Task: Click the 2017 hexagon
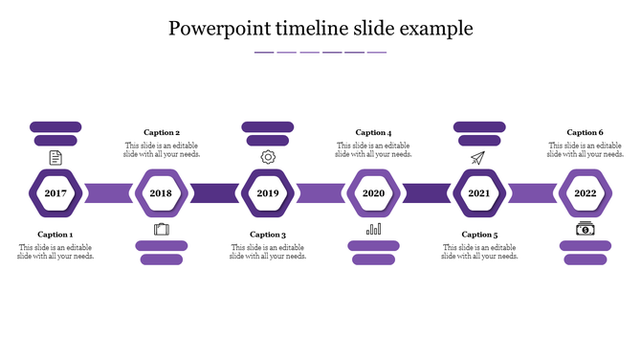pos(55,192)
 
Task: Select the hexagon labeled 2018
pos(161,192)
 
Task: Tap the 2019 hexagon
pos(267,192)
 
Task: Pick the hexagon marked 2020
pos(373,192)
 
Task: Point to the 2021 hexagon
pos(479,192)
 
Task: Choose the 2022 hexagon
pos(585,192)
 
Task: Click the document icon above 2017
pos(55,157)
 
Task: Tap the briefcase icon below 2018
pos(161,229)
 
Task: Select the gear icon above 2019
pos(268,157)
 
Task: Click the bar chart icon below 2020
pos(373,229)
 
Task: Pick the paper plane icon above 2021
pos(478,157)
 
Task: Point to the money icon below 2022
pos(585,229)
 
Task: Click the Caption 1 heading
pos(55,235)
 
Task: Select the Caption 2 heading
pos(162,133)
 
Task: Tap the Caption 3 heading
pos(268,235)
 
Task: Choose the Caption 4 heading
pos(373,133)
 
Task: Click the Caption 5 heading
pos(479,235)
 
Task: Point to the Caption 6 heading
pos(585,133)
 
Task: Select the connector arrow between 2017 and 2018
pos(108,192)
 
